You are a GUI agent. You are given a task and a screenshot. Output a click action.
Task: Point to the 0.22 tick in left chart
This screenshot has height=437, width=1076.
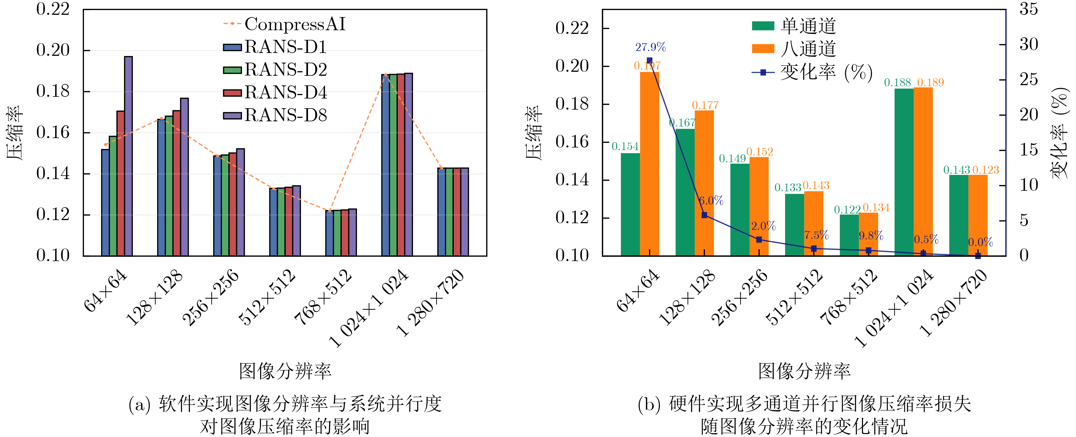pos(53,9)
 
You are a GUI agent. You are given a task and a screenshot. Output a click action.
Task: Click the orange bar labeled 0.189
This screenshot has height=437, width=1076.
pos(923,171)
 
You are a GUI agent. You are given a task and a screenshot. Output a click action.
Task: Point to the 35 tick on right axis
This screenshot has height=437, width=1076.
pos(1028,9)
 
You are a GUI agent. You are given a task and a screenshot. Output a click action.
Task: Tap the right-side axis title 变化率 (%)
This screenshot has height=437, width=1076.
pos(1060,133)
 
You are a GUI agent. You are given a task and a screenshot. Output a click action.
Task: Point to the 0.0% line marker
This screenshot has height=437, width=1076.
pos(978,256)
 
